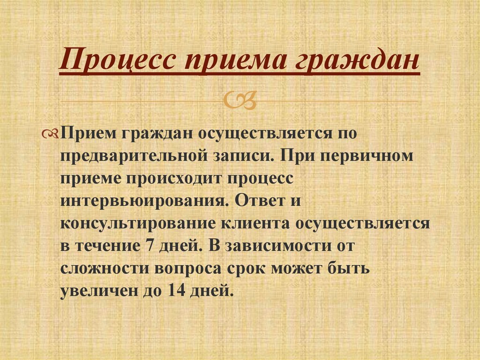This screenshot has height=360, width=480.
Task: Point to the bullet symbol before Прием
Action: [52, 135]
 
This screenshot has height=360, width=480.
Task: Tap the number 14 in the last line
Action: [173, 291]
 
